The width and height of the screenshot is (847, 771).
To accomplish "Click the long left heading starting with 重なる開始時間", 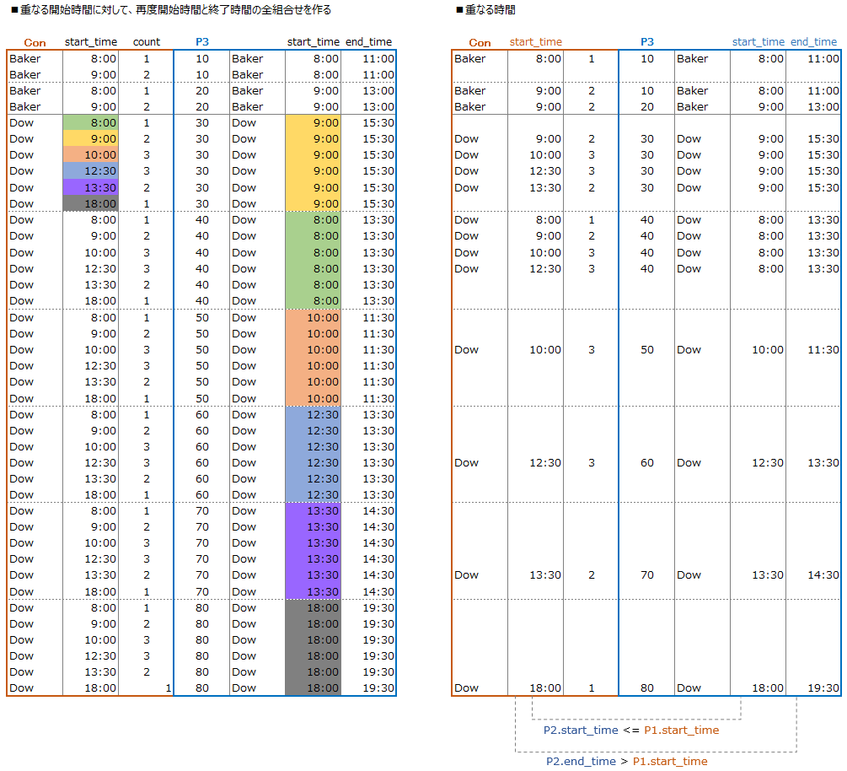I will pos(170,10).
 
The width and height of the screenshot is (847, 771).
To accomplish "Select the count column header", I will pos(147,42).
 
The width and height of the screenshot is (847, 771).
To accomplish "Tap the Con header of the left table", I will pos(35,43).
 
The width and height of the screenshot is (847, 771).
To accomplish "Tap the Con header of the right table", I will pos(480,43).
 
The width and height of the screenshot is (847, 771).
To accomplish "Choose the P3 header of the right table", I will pos(647,42).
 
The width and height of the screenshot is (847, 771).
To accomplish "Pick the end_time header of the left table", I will pos(369,42).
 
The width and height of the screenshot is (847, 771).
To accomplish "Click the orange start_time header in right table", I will pos(536,42).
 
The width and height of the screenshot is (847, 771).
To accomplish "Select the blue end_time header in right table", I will pos(814,42).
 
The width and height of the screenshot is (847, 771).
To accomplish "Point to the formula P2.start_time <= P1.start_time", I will pos(631,731).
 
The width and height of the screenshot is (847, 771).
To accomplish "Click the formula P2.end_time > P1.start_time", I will pos(626,762).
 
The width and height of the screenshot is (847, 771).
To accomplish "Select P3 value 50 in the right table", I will pos(647,350).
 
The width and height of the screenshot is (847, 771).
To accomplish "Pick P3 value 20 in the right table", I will pos(647,107).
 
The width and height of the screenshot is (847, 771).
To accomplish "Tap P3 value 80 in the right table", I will pos(647,688).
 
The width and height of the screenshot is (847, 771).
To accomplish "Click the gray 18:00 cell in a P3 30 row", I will pos(91,204).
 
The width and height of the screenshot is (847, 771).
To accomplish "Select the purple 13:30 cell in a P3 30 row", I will pos(91,188).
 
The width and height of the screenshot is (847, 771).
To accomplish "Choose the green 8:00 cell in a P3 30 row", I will pos(91,123).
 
